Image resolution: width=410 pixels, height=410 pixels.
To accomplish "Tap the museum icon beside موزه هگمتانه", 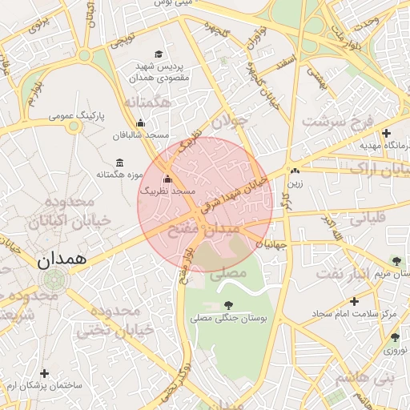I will (x=119, y=163).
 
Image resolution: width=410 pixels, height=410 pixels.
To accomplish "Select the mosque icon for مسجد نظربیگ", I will (x=167, y=179).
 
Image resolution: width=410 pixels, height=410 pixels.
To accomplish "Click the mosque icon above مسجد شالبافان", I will (x=141, y=123).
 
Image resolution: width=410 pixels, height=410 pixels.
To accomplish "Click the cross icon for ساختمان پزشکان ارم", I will (x=44, y=373).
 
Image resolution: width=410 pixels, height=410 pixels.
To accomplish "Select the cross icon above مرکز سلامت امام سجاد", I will (x=353, y=301).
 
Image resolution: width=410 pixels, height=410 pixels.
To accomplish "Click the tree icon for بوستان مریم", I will (x=396, y=260).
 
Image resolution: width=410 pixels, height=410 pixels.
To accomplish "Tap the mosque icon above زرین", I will (x=295, y=170).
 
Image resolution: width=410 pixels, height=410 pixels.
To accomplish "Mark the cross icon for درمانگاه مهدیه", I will (x=387, y=133).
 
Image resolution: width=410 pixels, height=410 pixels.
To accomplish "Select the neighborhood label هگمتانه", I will (x=149, y=102).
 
